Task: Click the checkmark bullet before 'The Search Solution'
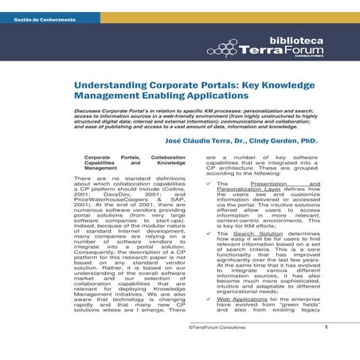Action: click(205, 256)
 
